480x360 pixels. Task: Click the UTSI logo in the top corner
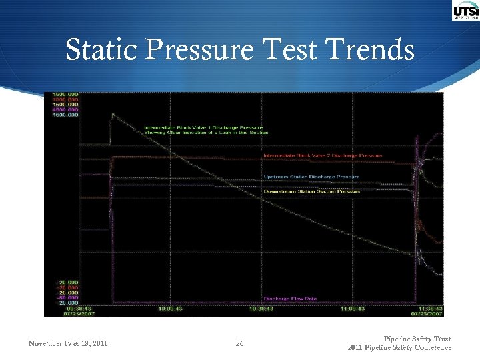(465, 11)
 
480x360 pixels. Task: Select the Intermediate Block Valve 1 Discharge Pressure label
(203, 127)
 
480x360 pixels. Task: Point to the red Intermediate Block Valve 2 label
(323, 155)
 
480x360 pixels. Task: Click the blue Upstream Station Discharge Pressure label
(311, 177)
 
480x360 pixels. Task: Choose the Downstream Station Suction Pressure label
(311, 191)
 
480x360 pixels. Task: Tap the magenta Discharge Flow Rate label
(290, 299)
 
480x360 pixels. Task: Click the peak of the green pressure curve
(113, 114)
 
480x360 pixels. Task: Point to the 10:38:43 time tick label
(261, 308)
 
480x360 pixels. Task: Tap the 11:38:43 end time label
(427, 308)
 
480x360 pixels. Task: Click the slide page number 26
(239, 344)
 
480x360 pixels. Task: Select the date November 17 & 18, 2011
(68, 344)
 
